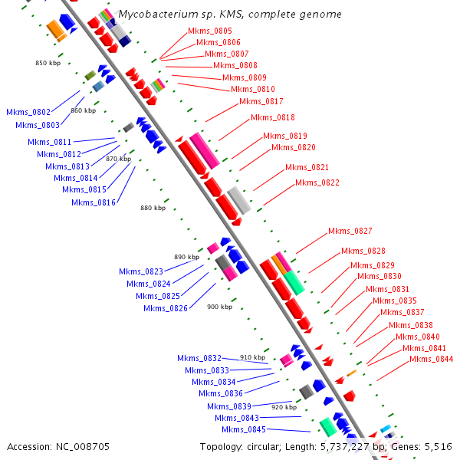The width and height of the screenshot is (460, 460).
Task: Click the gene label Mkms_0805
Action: coord(210,31)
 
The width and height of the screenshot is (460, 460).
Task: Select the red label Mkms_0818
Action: coord(273,117)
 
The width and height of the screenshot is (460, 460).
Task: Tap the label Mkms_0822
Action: coord(317,182)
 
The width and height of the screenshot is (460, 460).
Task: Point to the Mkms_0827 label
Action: coord(350,231)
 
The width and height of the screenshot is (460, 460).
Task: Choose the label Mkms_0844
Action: coord(431,359)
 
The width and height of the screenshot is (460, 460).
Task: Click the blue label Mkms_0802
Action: coord(28,112)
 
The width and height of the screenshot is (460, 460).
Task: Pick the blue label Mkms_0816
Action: coord(94,202)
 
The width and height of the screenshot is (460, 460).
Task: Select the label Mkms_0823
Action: coord(141,271)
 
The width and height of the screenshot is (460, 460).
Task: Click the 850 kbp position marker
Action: coord(48,63)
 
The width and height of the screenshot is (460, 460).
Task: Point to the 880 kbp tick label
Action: coord(153,208)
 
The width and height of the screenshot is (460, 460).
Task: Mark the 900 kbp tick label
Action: coord(219,307)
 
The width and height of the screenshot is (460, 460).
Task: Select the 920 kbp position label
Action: coord(284,407)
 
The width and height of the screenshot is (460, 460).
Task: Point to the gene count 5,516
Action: coord(438,446)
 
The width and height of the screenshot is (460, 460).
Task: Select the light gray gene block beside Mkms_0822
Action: coord(238,200)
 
